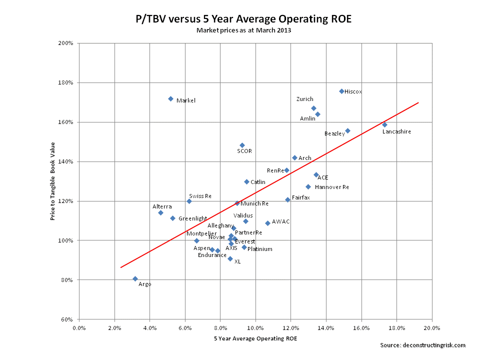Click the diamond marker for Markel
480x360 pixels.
(170, 99)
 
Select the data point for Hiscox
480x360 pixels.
(341, 91)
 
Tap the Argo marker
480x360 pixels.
(135, 278)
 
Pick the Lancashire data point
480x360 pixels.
(384, 124)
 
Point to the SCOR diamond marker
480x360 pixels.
(242, 145)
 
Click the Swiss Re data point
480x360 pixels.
(189, 201)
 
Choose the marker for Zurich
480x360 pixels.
(313, 108)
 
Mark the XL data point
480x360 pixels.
(230, 258)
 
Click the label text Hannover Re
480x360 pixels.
(332, 187)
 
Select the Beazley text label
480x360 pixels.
(334, 134)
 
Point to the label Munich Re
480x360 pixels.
(254, 204)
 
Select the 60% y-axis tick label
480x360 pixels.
(68, 319)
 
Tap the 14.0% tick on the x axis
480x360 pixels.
(326, 328)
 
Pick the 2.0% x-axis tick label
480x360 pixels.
(114, 328)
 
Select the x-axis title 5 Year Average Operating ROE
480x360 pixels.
(255, 338)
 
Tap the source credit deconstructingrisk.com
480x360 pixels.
(422, 345)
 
